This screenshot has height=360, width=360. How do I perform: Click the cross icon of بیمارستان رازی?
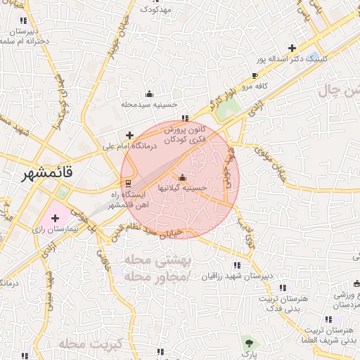tap(55, 218)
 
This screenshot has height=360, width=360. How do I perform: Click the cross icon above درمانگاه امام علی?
tap(129, 135)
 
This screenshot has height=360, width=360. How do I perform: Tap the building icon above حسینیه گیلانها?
tap(184, 177)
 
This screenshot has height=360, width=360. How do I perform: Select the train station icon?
tap(117, 183)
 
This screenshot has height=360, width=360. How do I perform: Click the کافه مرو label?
tap(257, 86)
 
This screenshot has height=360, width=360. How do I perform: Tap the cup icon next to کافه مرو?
tap(255, 75)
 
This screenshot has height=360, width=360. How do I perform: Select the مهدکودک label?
tap(155, 9)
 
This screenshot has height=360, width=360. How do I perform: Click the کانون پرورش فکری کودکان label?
tap(185, 135)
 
